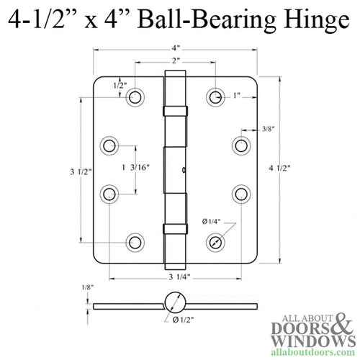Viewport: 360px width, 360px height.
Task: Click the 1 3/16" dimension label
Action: (x=140, y=168)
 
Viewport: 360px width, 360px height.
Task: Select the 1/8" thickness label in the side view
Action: (x=87, y=288)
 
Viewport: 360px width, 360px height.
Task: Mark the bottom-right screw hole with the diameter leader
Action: (x=215, y=243)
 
